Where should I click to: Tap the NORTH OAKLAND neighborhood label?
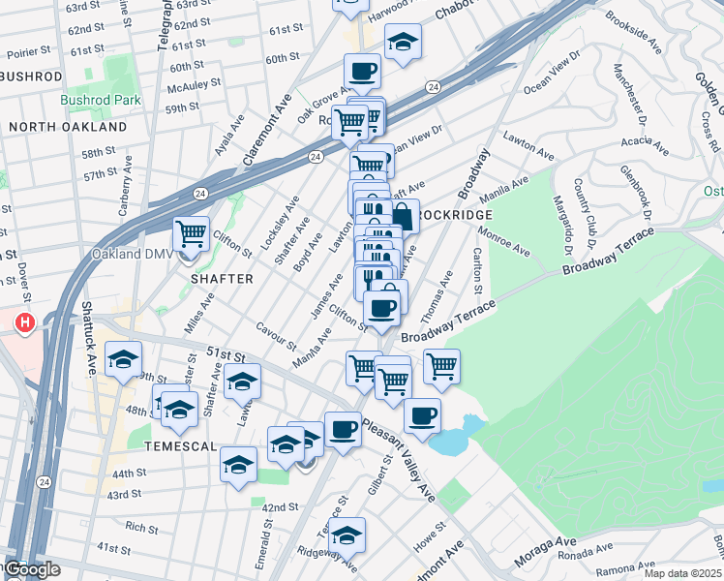(x=68, y=127)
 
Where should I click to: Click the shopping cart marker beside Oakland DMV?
(x=192, y=233)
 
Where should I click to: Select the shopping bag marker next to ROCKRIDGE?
(x=402, y=216)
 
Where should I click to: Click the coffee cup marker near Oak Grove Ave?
(x=362, y=71)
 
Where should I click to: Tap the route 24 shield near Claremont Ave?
(x=316, y=156)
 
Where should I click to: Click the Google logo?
(x=31, y=570)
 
